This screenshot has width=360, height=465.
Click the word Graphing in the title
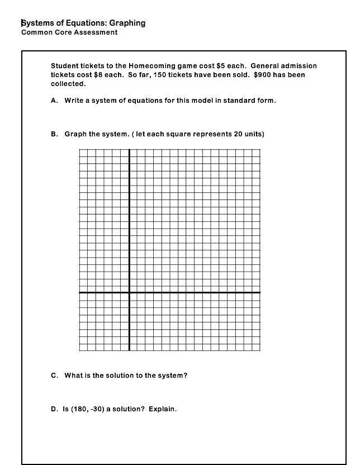pos(127,23)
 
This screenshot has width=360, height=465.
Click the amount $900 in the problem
pos(263,74)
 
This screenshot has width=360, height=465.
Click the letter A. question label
pos(55,101)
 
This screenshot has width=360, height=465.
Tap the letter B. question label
pos(55,134)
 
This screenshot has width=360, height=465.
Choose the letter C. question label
pos(55,376)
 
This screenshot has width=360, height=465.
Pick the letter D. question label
pos(55,409)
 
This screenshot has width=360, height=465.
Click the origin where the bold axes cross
pos(129,292)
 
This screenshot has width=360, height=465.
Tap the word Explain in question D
pos(163,409)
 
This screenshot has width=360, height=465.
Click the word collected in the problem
pos(68,84)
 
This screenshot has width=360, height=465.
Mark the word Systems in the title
pos(37,23)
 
